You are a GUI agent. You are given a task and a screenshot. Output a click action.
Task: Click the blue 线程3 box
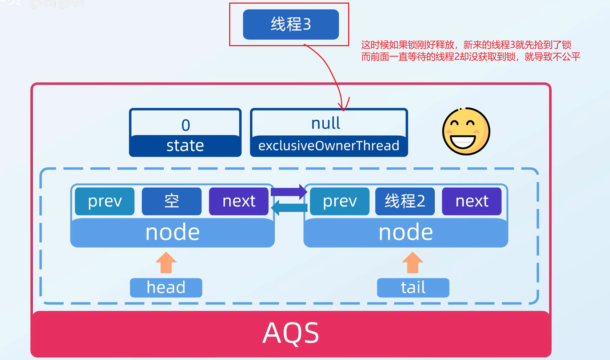pyautogui.click(x=291, y=24)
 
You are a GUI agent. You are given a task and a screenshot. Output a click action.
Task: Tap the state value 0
pyautogui.click(x=186, y=125)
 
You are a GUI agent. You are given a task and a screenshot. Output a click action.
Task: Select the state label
pyautogui.click(x=185, y=146)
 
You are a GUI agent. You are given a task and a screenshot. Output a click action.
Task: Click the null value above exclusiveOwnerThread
pyautogui.click(x=326, y=124)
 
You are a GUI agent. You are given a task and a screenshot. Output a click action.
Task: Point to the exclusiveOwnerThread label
pyautogui.click(x=329, y=146)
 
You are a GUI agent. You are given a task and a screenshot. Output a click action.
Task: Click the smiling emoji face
pyautogui.click(x=466, y=131)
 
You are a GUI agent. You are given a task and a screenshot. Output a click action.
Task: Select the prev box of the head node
pyautogui.click(x=105, y=201)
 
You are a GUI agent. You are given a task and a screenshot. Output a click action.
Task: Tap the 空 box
pyautogui.click(x=171, y=201)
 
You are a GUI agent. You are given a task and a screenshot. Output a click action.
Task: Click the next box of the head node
pyautogui.click(x=239, y=201)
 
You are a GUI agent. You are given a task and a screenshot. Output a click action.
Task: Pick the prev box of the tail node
pyautogui.click(x=340, y=201)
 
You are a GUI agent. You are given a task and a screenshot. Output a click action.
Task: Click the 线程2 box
pyautogui.click(x=405, y=201)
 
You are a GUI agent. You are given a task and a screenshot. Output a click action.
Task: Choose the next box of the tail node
pyautogui.click(x=471, y=201)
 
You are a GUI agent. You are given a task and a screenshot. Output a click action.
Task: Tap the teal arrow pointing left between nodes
pyautogui.click(x=289, y=208)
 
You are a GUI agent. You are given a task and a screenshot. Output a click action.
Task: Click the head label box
pyautogui.click(x=166, y=288)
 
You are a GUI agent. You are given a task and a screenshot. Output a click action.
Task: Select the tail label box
pyautogui.click(x=413, y=288)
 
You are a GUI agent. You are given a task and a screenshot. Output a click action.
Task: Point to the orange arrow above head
pyautogui.click(x=166, y=262)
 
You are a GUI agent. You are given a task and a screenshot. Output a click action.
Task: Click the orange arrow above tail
pyautogui.click(x=412, y=262)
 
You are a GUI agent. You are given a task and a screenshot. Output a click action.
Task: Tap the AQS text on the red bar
pyautogui.click(x=291, y=333)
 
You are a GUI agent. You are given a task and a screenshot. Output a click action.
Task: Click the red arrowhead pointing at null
pyautogui.click(x=343, y=106)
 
